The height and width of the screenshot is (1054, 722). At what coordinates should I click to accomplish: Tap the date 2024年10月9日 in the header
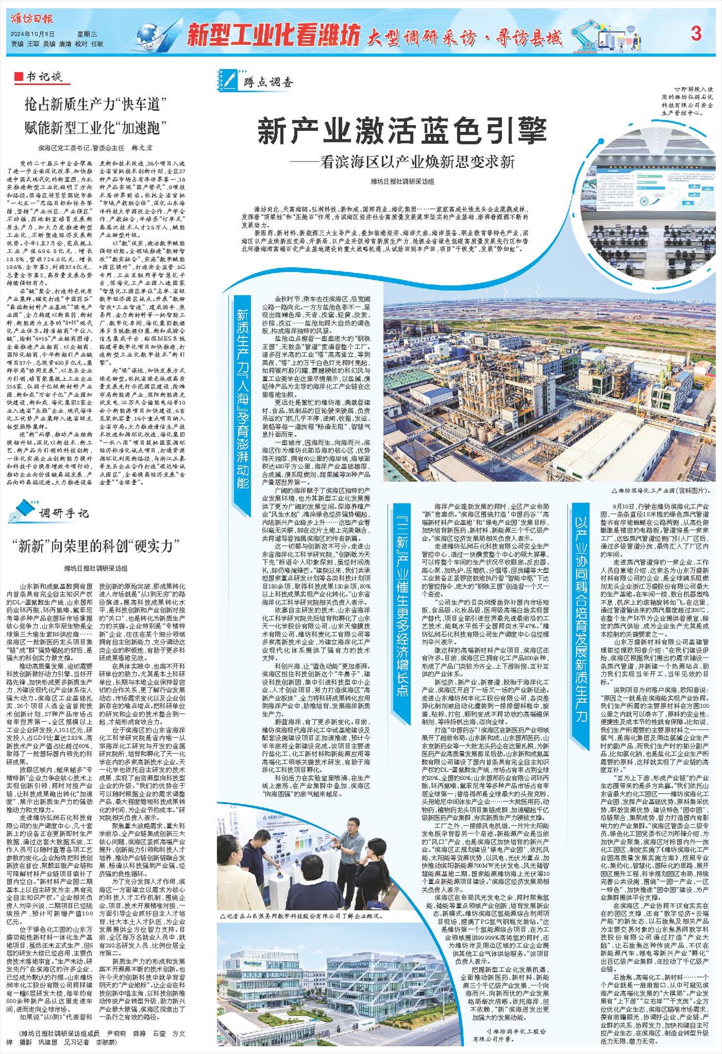coord(33,34)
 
